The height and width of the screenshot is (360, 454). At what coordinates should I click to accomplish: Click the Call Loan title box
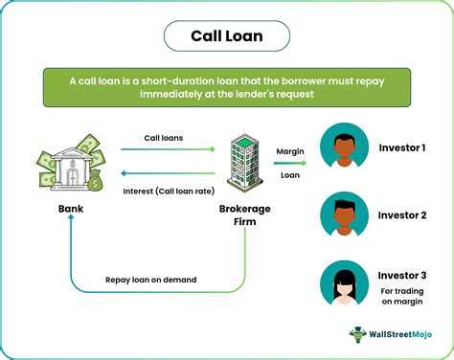227,36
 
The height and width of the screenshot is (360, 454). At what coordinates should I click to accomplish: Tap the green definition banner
227,86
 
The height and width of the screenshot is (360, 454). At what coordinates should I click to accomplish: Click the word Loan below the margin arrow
290,175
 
